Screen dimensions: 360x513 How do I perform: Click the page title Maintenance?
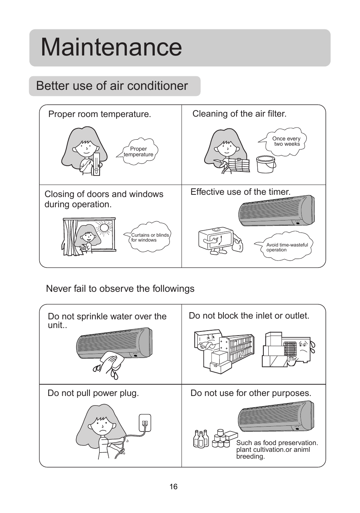tap(111, 48)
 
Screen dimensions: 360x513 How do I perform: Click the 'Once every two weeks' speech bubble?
tap(283, 142)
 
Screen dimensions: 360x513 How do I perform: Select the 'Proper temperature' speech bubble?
tap(138, 151)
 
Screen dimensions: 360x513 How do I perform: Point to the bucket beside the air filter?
tap(266, 164)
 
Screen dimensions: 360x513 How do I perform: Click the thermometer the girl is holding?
tap(97, 164)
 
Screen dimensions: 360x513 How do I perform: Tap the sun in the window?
tap(104, 228)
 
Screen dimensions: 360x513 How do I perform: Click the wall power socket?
tap(145, 423)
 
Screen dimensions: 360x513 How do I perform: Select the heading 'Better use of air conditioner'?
tap(112, 86)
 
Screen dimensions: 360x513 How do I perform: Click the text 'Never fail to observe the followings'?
tap(120, 288)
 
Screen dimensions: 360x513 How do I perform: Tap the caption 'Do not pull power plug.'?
tap(93, 393)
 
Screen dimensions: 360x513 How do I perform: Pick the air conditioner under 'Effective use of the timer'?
tap(276, 211)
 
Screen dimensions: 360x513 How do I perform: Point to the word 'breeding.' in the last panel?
tap(250, 457)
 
